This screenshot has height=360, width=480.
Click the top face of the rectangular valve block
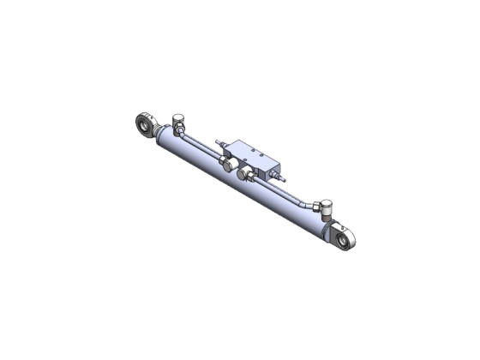coord(254,149)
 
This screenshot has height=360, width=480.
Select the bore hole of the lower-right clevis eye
coord(345,242)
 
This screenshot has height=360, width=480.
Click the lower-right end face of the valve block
coord(273,166)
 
